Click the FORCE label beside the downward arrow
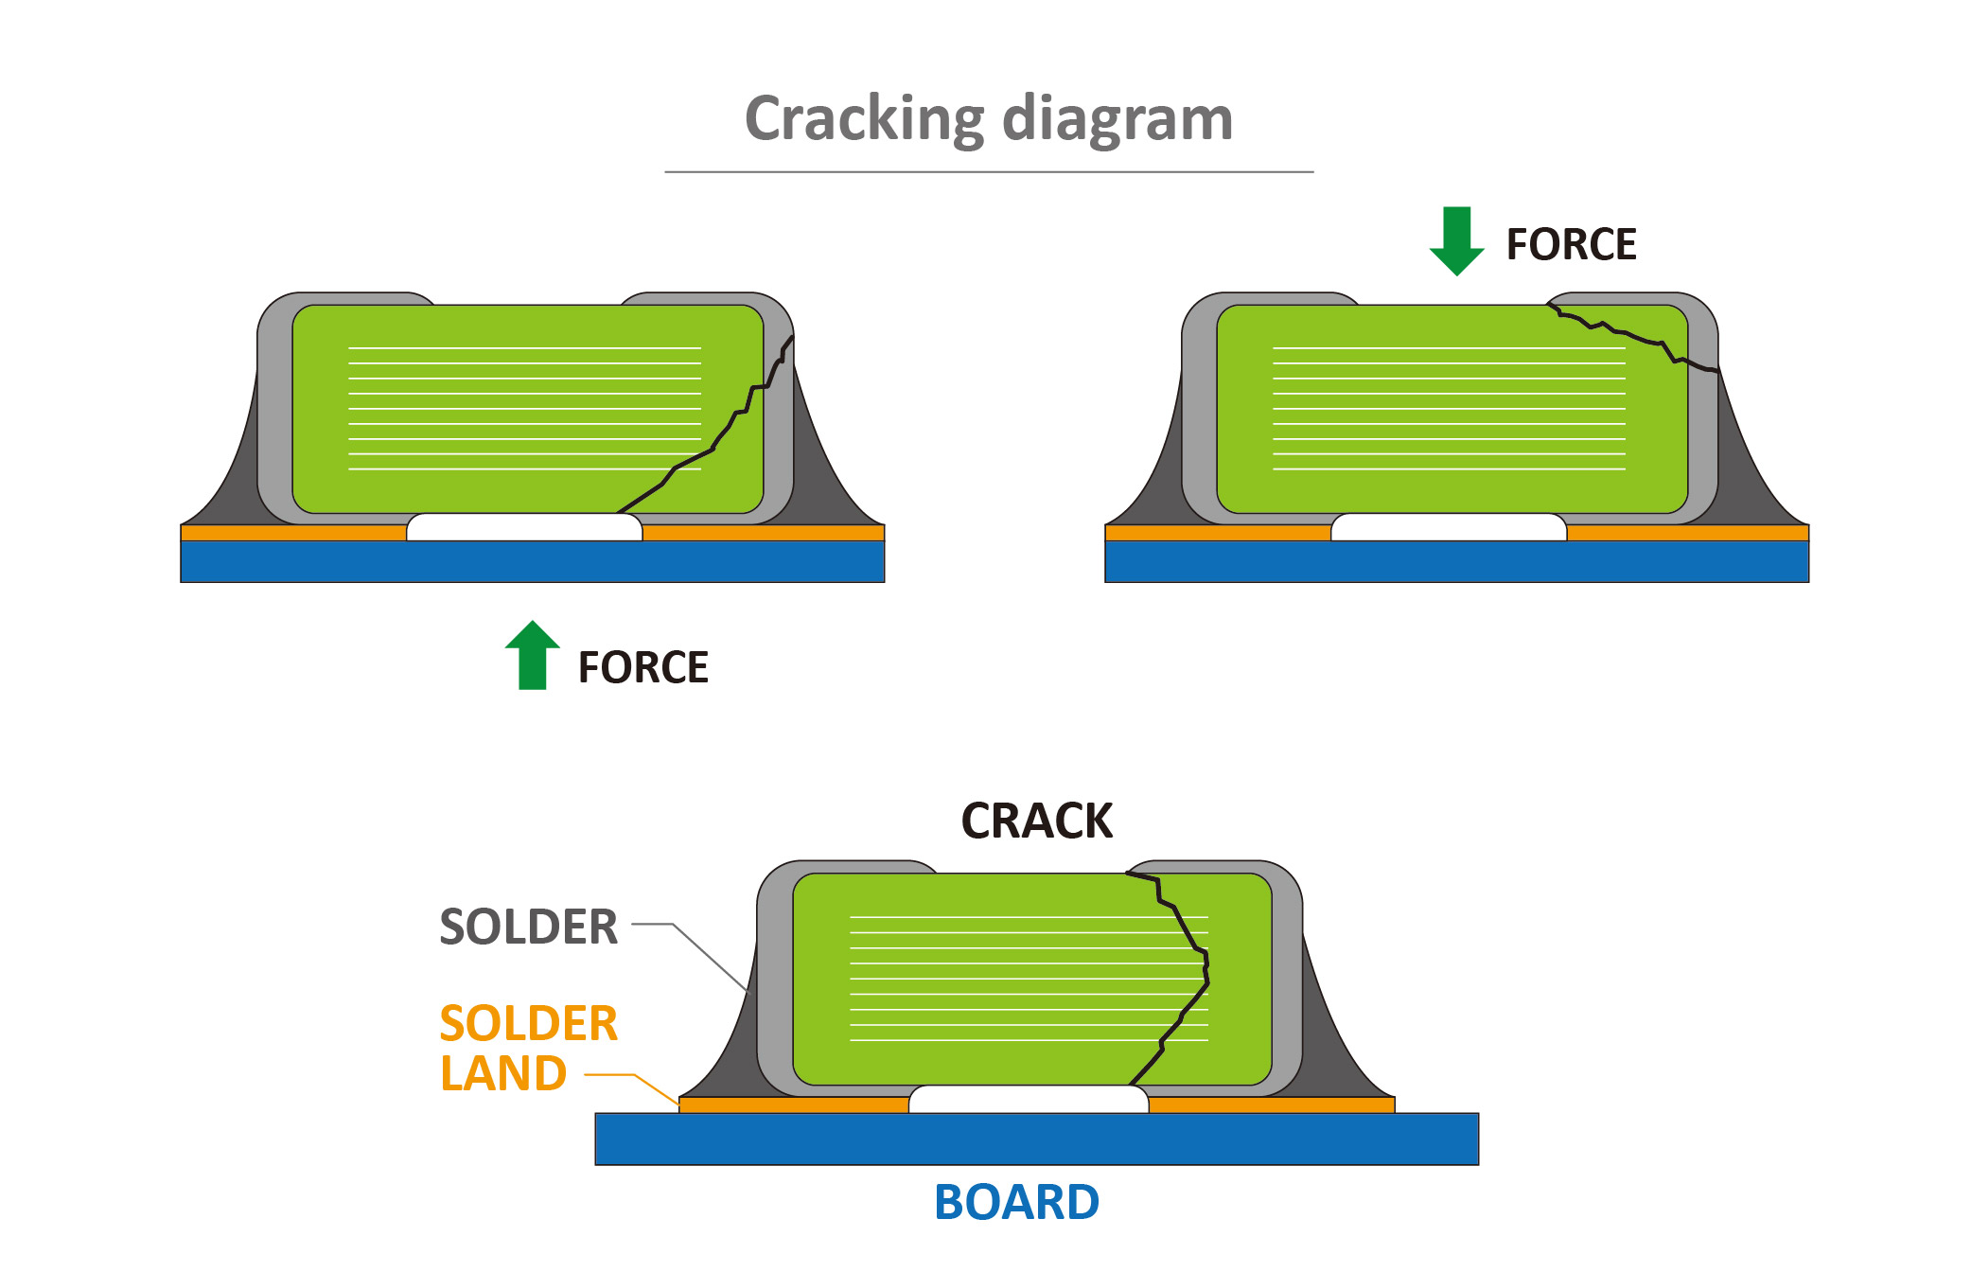click(x=1571, y=244)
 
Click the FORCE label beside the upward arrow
click(x=642, y=667)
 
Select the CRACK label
click(x=1036, y=821)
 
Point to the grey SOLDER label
click(x=528, y=927)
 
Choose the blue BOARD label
click(x=1016, y=1202)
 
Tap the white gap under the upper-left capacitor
click(x=524, y=527)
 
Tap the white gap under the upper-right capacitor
click(x=1449, y=527)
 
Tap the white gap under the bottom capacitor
click(x=1029, y=1099)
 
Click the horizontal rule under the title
click(x=989, y=172)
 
